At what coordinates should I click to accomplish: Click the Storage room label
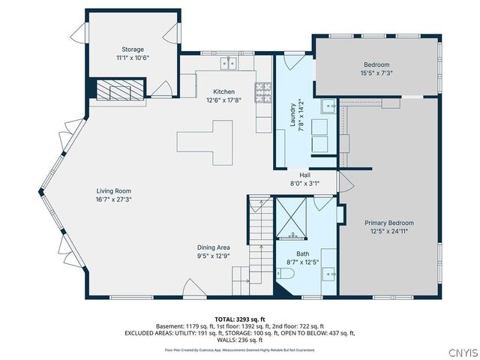click(133, 49)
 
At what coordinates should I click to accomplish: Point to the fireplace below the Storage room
click(115, 91)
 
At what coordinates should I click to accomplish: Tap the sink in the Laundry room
click(328, 106)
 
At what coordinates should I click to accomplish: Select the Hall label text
click(304, 175)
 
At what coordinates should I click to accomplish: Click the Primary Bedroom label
click(389, 223)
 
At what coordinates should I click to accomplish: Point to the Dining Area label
click(214, 247)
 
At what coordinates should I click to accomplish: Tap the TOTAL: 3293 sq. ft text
click(239, 319)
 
